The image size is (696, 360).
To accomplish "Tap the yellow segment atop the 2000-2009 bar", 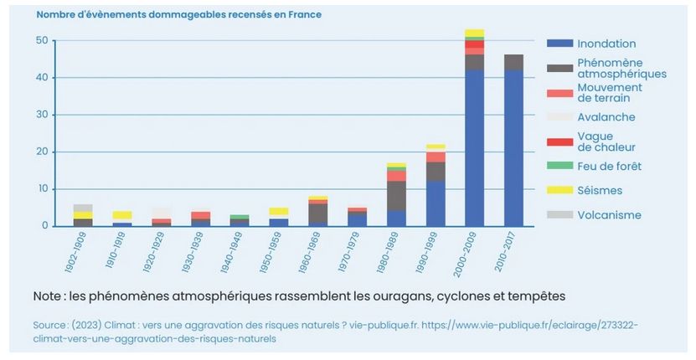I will (475, 33).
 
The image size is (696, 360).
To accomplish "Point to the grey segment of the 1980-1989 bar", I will (396, 196).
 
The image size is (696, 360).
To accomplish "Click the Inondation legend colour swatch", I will (559, 44).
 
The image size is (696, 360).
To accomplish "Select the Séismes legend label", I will (601, 191).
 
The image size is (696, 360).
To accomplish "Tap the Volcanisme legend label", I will (609, 215).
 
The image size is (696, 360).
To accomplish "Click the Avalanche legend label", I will (606, 117).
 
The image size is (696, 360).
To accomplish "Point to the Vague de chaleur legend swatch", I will (559, 141).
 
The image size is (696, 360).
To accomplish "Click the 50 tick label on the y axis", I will (40, 40).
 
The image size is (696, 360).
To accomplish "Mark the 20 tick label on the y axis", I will (40, 152).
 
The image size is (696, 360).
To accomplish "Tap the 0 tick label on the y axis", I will (44, 226).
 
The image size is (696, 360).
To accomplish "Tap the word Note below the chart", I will (49, 296).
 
